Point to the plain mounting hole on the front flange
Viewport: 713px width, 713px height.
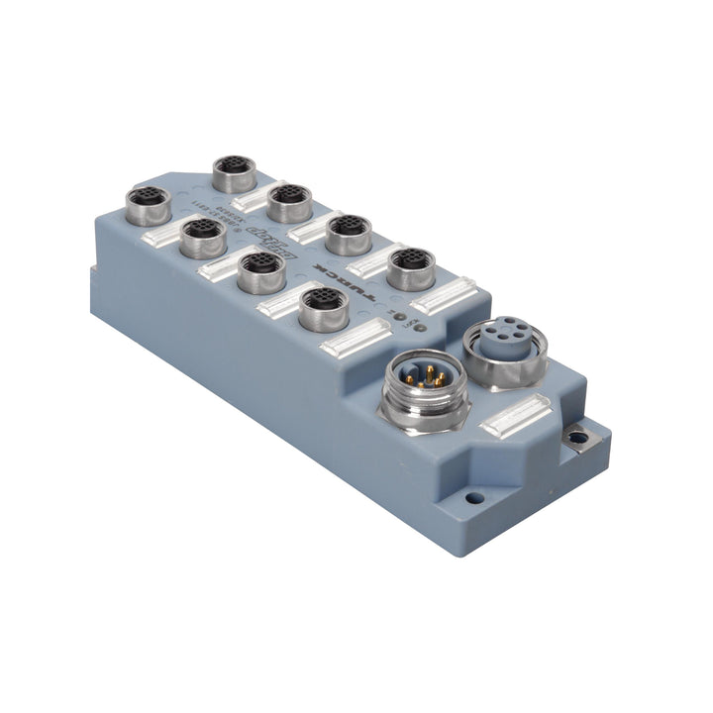coord(474,498)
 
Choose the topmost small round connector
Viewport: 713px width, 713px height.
coord(235,172)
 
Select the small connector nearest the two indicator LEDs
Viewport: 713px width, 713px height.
coord(411,267)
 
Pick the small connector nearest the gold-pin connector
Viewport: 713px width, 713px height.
coord(323,308)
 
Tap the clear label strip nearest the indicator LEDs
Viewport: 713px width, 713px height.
coord(443,294)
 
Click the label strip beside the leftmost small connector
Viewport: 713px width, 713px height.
coord(162,236)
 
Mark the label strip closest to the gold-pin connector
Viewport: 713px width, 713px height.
coord(356,339)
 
